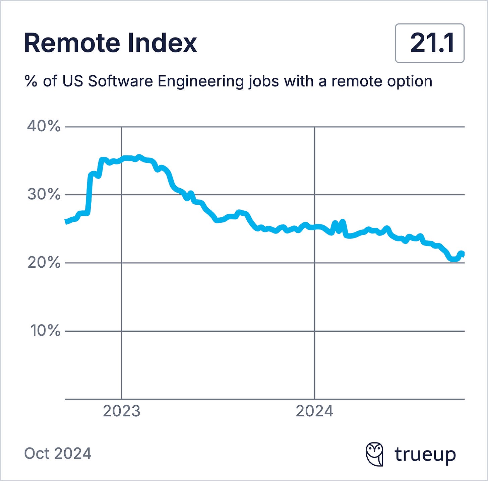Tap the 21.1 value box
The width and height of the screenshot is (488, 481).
pos(430,43)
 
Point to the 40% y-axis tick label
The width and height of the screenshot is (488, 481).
pos(44,127)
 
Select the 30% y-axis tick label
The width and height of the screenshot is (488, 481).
pos(44,194)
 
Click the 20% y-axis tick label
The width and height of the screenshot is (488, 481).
pos(44,263)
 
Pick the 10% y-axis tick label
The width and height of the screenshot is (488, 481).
pos(45,331)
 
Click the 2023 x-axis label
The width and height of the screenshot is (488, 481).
pos(122,411)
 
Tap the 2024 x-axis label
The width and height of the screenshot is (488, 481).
pos(314,411)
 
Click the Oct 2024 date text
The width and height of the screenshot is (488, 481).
pos(58,454)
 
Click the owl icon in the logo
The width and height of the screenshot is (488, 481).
pos(374,454)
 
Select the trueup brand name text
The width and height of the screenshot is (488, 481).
pos(425,455)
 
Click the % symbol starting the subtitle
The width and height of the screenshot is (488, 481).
pos(31,81)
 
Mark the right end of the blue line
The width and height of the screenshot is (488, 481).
pos(464,254)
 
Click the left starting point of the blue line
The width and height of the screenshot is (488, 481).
pos(66,222)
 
